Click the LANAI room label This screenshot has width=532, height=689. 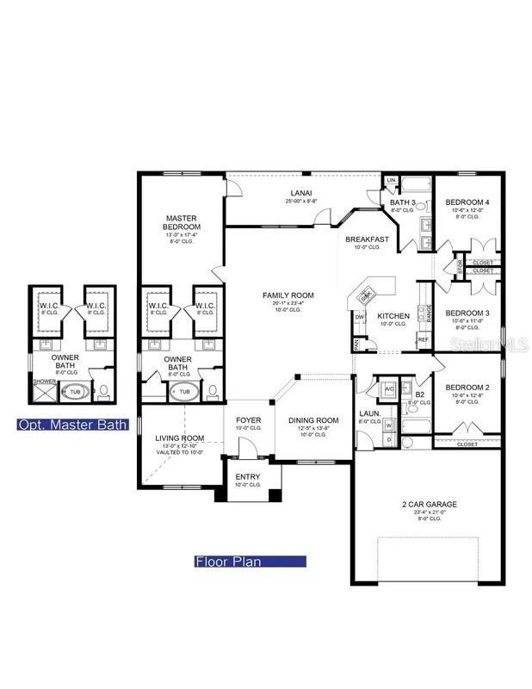click(x=300, y=193)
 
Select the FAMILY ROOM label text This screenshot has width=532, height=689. click(x=288, y=295)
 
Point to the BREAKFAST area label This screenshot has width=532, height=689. click(x=368, y=239)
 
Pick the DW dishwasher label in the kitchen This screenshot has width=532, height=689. click(x=360, y=316)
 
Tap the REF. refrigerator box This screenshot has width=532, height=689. click(x=424, y=339)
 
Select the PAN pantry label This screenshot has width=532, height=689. click(x=356, y=343)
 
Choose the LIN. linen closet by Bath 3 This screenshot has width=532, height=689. click(x=391, y=180)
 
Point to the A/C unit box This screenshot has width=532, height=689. click(x=388, y=388)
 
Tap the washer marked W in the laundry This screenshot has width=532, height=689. click(x=388, y=424)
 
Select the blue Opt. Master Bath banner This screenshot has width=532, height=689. click(x=73, y=425)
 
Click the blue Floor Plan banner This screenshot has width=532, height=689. click(x=250, y=562)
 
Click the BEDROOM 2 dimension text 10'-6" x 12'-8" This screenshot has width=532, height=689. click(x=467, y=397)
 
